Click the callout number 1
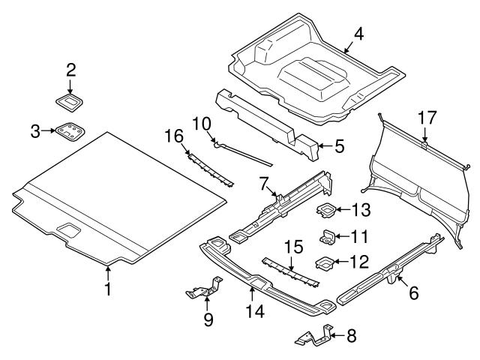click(108, 289)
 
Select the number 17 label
click(427, 117)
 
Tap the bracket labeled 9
click(206, 288)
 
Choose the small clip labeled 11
click(327, 237)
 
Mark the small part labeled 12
click(325, 262)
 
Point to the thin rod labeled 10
click(244, 152)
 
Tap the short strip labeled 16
click(211, 168)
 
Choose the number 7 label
click(264, 182)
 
